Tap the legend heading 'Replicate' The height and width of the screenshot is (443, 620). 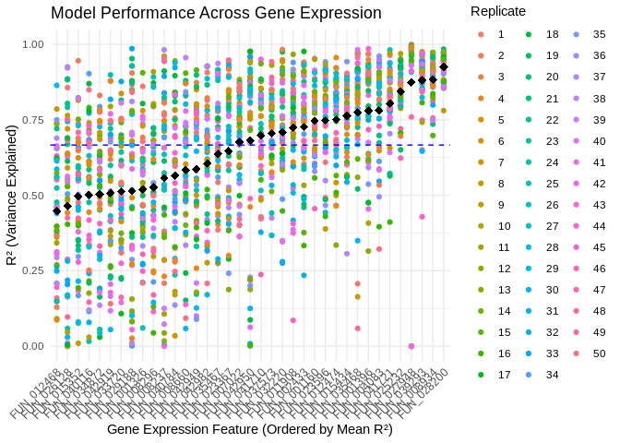point(497,11)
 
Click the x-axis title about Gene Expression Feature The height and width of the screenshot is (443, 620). point(249,429)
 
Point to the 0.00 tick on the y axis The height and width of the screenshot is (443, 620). point(33,346)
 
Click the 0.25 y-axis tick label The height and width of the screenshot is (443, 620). point(33,270)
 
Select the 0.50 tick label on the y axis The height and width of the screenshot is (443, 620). point(33,195)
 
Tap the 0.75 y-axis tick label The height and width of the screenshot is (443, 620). point(33,120)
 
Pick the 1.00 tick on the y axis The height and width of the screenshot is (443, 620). point(33,44)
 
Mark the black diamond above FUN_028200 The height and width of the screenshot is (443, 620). point(444,66)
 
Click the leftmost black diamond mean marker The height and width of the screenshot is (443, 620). point(56,210)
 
